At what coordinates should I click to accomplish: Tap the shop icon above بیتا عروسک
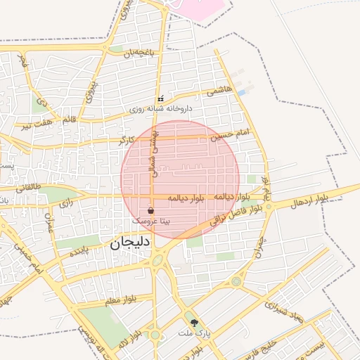[151, 210]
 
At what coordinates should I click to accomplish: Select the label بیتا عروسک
[151, 221]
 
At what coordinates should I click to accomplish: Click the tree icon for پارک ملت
[205, 323]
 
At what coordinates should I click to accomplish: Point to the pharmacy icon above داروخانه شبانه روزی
[161, 99]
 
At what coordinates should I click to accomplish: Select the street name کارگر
[127, 140]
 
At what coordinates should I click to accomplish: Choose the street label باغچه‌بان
[138, 53]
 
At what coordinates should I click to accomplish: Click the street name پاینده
[79, 252]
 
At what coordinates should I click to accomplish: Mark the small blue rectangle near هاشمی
[242, 92]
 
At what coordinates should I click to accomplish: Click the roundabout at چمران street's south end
[236, 281]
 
